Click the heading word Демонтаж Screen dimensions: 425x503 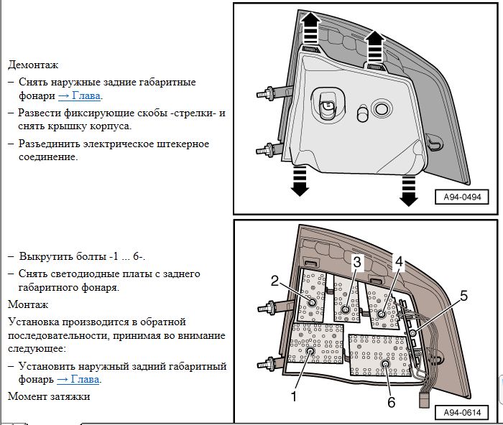32,65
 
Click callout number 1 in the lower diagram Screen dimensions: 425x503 293,395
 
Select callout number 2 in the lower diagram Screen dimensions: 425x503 274,281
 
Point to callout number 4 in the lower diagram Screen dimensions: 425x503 399,263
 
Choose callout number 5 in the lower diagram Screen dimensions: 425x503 463,295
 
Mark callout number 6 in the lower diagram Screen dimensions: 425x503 392,402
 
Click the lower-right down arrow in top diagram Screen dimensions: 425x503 408,188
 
